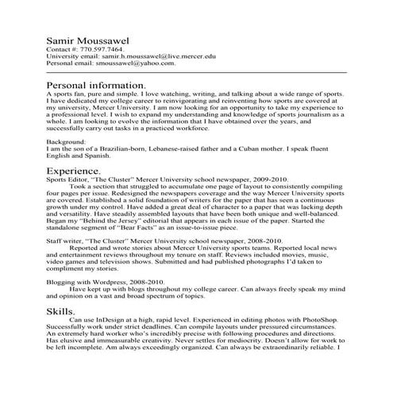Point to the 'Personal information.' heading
(x=96, y=84)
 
